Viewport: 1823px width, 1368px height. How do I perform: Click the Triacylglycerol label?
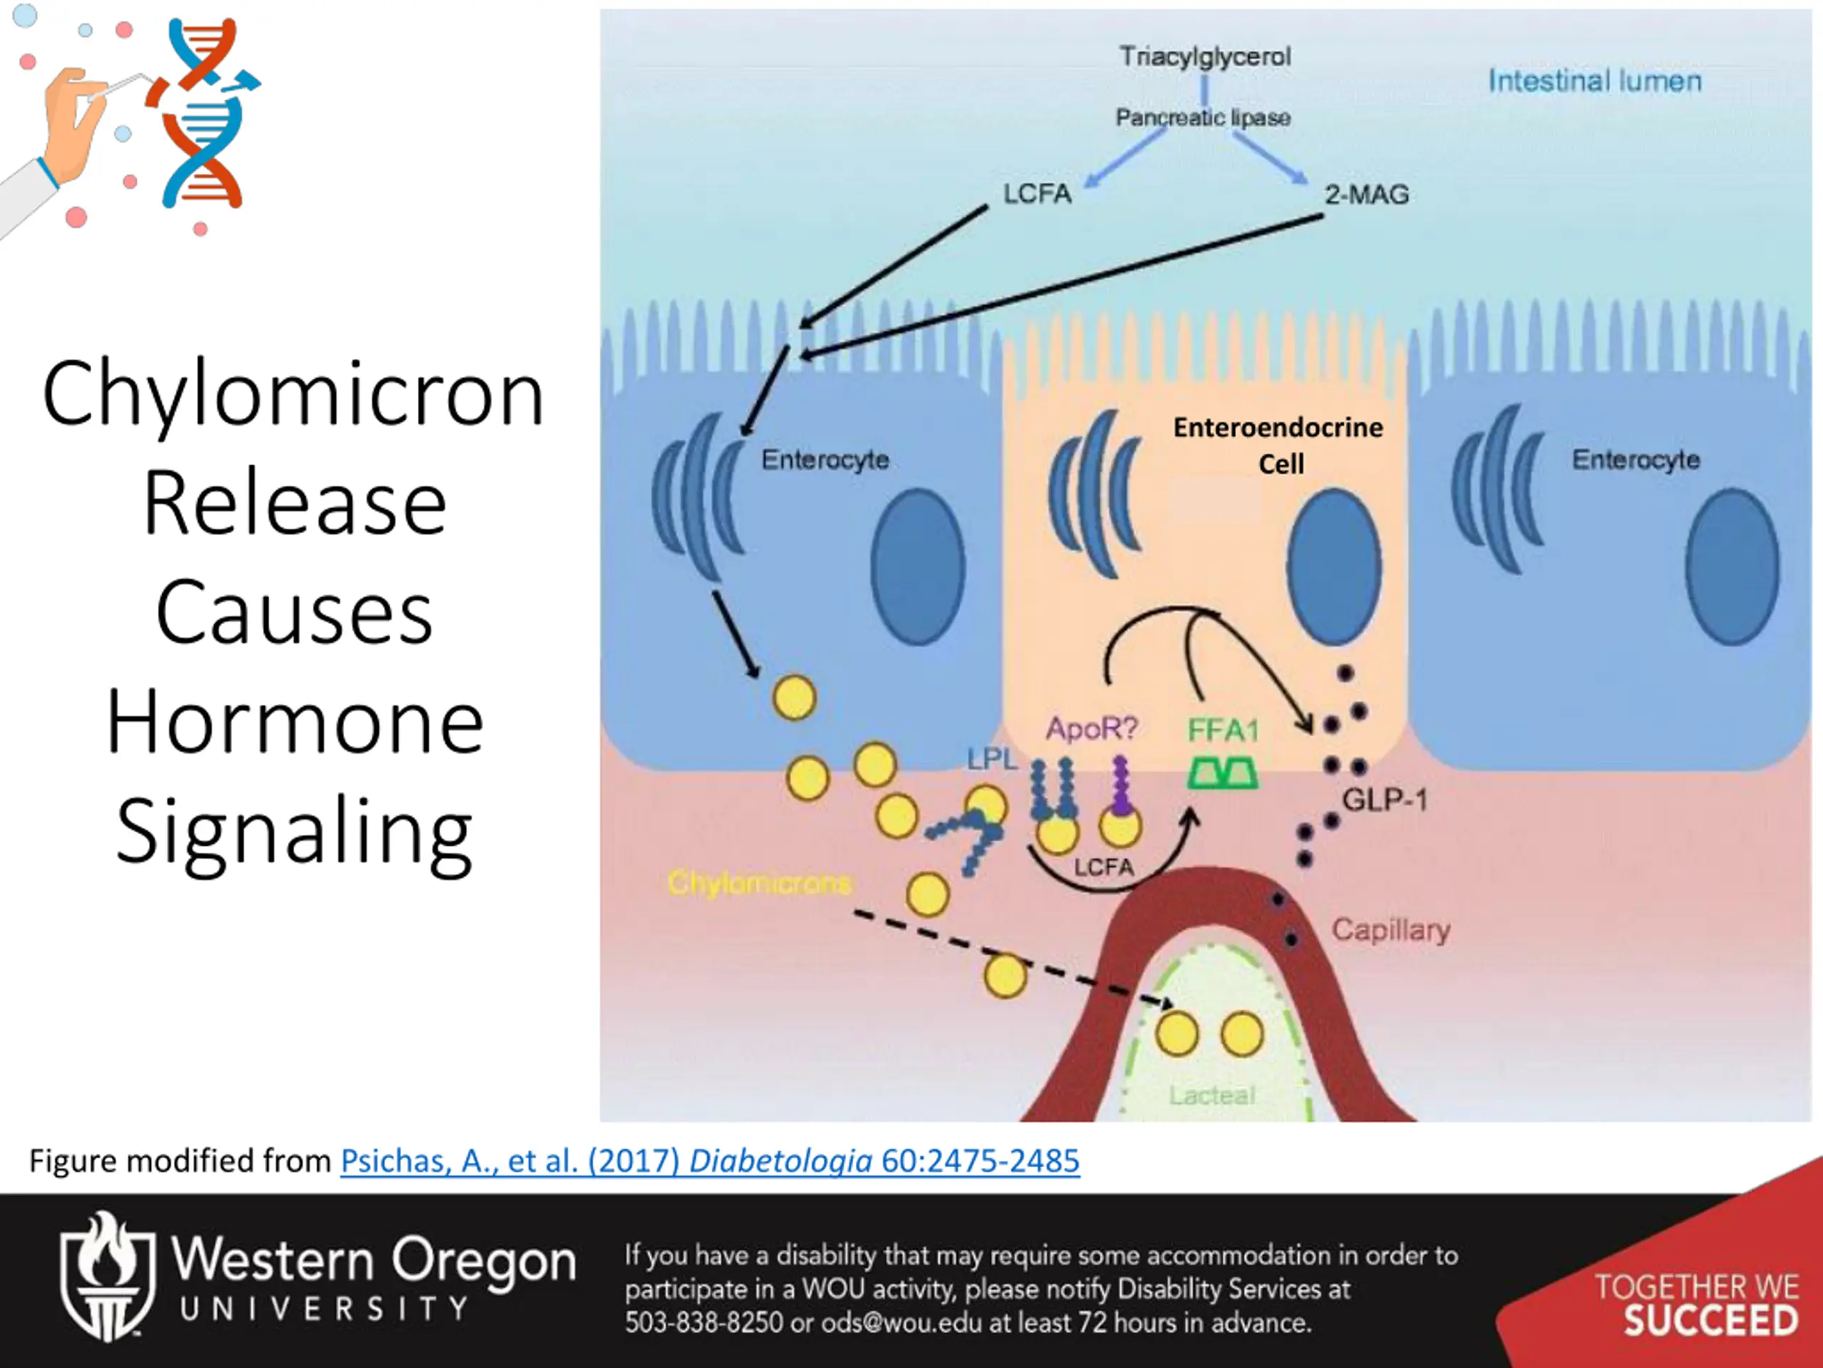1205,56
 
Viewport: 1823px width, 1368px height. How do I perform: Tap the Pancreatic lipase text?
1203,117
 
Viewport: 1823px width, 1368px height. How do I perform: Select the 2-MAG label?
1367,195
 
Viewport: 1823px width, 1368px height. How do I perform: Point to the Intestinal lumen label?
1594,81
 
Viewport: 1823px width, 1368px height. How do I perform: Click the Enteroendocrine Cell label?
1278,445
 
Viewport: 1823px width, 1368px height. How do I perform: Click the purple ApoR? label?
1092,728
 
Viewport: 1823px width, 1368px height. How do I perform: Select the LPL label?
992,759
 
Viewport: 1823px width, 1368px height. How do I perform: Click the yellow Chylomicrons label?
759,883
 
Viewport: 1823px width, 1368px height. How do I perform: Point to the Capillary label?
1391,930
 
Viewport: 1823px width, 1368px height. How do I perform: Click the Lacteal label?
1211,1095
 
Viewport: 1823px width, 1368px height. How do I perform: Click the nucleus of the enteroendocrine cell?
1334,566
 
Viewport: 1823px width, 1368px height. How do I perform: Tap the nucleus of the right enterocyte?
1732,566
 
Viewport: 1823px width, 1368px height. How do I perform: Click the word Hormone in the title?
294,722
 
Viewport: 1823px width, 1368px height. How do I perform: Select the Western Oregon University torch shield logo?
108,1275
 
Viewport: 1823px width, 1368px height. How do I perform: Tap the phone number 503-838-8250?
703,1322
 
